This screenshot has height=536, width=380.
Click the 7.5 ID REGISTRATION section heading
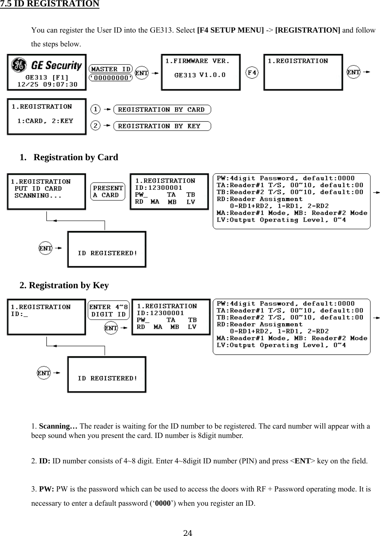50,4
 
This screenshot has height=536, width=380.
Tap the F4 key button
252,72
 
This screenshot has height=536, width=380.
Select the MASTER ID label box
111,69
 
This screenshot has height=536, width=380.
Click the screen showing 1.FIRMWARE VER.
200,72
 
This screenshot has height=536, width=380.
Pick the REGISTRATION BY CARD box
162,110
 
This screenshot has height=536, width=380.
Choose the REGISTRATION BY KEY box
162,126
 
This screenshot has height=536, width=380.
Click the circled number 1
96,109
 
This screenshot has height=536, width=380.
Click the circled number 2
96,126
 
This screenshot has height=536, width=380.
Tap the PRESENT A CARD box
108,191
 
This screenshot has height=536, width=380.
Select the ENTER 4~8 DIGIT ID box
108,311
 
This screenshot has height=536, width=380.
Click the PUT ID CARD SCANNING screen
46,192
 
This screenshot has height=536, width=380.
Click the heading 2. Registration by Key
64,285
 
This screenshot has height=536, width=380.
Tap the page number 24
188,533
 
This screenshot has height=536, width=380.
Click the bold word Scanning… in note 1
58,426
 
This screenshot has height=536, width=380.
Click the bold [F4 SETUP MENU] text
230,30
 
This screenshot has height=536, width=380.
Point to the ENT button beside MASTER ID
141,73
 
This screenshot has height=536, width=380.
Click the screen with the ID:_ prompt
46,317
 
